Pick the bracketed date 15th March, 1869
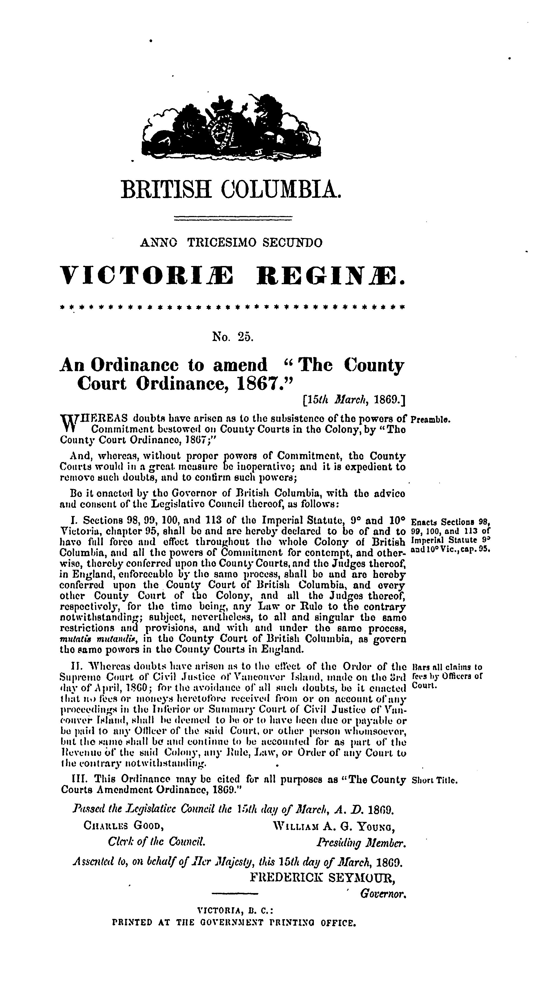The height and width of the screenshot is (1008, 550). pyautogui.click(x=354, y=400)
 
